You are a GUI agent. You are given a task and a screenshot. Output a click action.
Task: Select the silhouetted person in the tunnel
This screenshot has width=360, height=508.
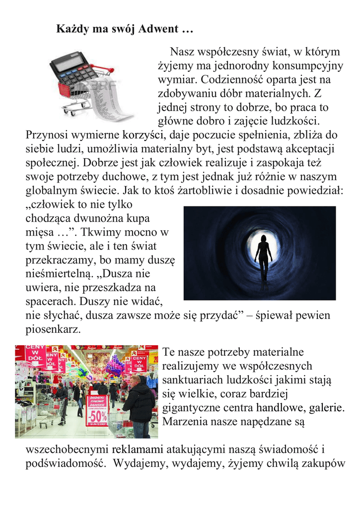(x=263, y=255)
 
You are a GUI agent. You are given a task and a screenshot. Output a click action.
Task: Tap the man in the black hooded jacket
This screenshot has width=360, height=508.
(x=139, y=404)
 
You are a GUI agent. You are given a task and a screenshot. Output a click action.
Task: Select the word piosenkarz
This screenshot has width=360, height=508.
(x=52, y=329)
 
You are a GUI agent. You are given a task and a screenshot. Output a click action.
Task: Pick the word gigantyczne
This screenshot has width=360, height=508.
(x=192, y=408)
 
